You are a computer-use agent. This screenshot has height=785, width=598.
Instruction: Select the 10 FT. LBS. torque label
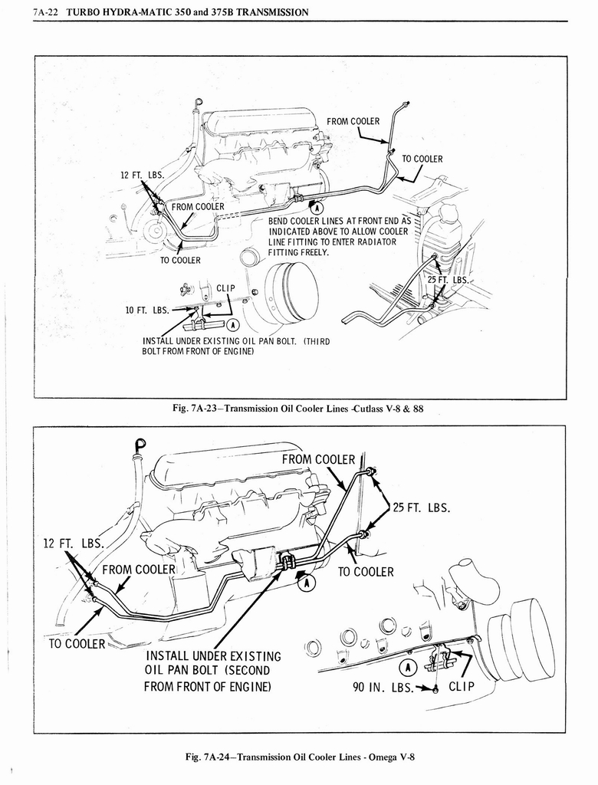[146, 310]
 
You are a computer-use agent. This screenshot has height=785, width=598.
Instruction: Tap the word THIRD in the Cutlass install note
[315, 341]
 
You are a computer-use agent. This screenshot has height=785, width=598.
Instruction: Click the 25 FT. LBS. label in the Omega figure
[421, 507]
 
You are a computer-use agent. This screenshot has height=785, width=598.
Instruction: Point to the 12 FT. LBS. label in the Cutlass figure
[142, 175]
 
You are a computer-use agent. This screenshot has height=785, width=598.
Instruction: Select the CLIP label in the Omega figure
[465, 687]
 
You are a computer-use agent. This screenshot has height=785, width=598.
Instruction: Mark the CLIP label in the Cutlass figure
[225, 288]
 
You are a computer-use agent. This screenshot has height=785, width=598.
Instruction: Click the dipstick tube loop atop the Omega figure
[140, 444]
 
